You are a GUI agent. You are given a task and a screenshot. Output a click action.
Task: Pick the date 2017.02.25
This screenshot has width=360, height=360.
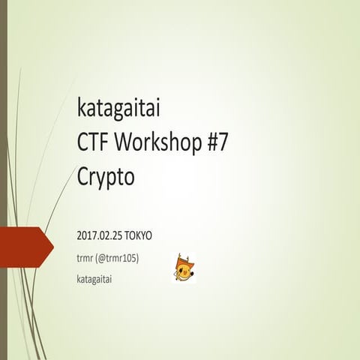[x=100, y=235]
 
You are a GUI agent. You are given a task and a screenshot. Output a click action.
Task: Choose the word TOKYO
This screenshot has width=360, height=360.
[x=139, y=235]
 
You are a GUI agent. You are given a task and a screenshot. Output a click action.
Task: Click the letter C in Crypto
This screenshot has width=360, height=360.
[x=83, y=177]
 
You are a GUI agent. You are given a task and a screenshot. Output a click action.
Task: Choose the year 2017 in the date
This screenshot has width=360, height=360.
[x=86, y=235]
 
